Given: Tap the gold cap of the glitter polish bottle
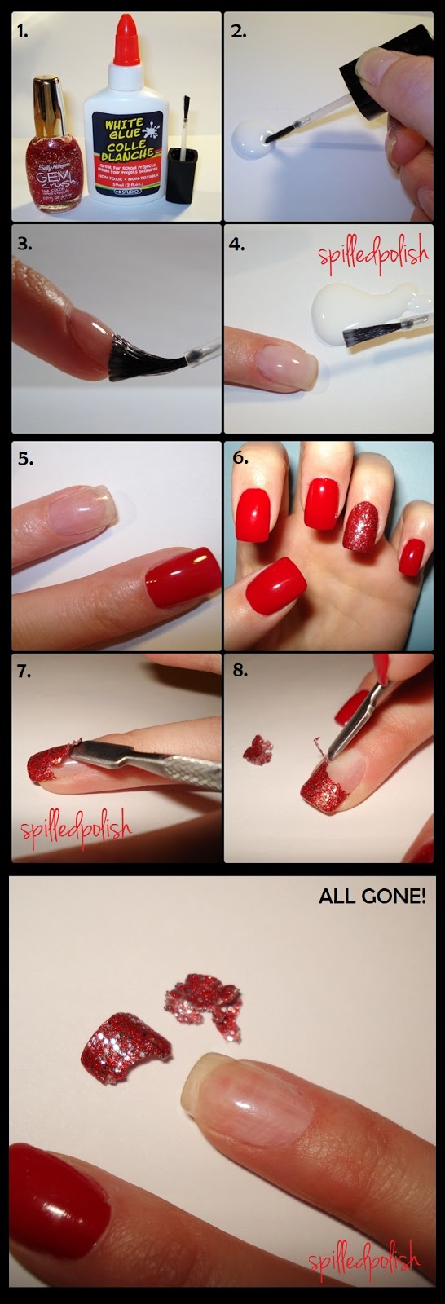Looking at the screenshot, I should tap(50, 97).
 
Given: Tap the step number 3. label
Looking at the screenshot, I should tap(26, 243).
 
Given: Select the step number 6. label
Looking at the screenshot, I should tap(240, 457).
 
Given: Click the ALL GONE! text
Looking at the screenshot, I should tap(372, 897).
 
